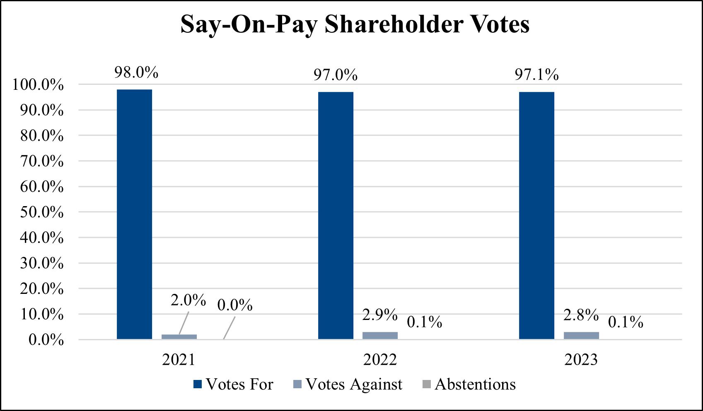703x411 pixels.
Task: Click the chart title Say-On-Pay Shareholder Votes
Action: [355, 24]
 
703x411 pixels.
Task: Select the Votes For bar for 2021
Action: [134, 214]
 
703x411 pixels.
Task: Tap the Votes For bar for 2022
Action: [336, 215]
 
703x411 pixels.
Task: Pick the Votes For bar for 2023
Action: [536, 215]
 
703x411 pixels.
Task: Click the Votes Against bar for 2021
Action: [179, 336]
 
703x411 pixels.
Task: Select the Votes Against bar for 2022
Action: [380, 335]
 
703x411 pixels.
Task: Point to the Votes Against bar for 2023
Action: [581, 335]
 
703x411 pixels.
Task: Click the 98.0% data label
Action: [136, 72]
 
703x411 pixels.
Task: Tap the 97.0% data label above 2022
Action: [335, 75]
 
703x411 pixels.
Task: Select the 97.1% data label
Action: [536, 75]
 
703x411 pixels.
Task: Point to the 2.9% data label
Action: [379, 315]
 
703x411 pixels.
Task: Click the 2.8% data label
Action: [581, 315]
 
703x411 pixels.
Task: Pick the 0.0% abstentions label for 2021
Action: [235, 305]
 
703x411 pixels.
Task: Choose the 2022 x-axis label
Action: [380, 359]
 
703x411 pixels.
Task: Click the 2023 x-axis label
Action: [581, 359]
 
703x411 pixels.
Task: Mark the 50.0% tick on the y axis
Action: [42, 212]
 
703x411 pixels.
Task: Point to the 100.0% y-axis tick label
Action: [38, 85]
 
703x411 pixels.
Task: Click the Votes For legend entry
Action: [233, 385]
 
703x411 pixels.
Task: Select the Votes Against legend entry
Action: [348, 385]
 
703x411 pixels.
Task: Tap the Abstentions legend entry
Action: [469, 385]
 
